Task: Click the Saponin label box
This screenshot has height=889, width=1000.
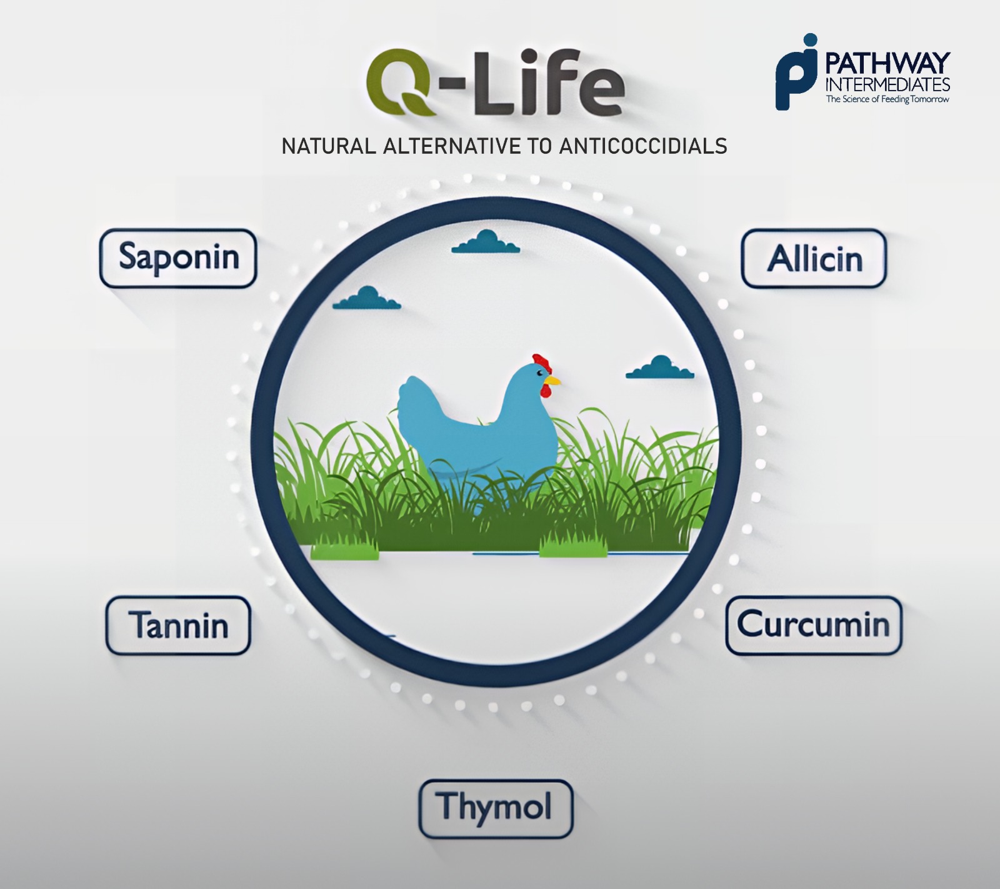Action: click(179, 258)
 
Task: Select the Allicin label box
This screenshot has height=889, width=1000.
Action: click(814, 259)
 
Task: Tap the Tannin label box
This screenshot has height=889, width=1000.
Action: click(178, 625)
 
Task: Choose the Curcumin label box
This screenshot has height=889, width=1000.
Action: click(814, 625)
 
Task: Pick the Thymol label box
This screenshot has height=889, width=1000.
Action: click(496, 808)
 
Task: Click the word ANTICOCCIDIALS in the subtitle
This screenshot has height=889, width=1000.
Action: click(643, 146)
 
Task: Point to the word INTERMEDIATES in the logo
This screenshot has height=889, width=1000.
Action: click(887, 85)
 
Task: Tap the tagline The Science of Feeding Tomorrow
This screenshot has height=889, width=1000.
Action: click(887, 99)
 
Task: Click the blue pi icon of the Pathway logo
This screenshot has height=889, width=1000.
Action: click(797, 73)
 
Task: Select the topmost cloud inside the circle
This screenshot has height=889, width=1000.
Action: click(486, 242)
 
